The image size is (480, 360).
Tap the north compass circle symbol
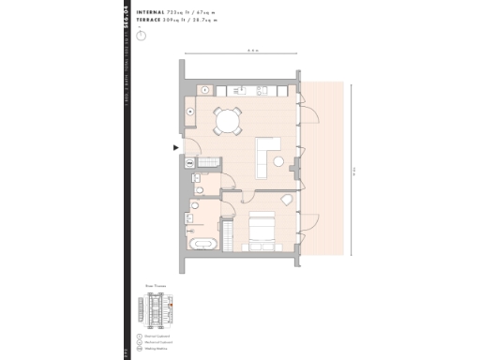click(x=141, y=36)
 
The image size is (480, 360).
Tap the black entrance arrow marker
click(x=174, y=147)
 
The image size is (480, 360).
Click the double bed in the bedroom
click(x=260, y=229)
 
